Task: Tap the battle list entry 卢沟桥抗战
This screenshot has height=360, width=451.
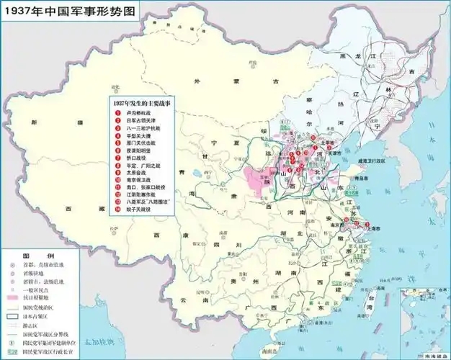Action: [138, 113]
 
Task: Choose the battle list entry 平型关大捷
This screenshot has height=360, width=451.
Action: [138, 135]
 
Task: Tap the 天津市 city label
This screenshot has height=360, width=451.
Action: [333, 153]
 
